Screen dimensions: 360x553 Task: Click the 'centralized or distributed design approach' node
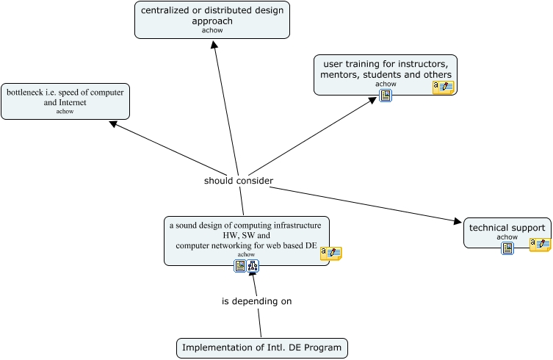[212, 19]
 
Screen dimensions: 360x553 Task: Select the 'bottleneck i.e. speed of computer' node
[65, 101]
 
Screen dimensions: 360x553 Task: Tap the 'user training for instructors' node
[385, 71]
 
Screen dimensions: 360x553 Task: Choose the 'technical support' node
[507, 228]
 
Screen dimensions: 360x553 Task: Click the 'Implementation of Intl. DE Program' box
[261, 348]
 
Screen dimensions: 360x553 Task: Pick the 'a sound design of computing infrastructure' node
[246, 236]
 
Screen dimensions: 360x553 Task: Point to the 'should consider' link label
[239, 181]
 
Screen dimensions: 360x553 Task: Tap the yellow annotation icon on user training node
[443, 87]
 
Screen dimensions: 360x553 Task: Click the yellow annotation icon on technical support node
[540, 245]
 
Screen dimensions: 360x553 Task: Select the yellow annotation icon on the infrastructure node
[331, 253]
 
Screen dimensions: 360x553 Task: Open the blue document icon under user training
[386, 96]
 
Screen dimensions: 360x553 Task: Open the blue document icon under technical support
[507, 248]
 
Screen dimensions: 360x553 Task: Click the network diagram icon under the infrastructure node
[253, 266]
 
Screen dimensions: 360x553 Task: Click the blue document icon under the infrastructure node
[240, 266]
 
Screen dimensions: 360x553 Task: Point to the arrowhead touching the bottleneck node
[113, 123]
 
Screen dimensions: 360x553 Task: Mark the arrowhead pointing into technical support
[459, 220]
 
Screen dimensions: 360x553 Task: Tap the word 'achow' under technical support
[507, 237]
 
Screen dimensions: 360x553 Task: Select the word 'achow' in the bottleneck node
[65, 112]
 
